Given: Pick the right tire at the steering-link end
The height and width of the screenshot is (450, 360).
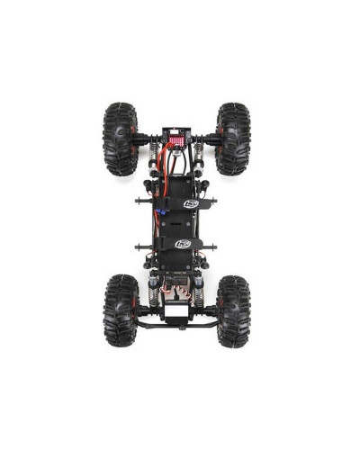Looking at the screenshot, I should (233, 310).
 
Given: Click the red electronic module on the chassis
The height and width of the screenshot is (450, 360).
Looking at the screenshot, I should (175, 141).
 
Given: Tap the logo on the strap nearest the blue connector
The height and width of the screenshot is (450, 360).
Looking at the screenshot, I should (191, 203).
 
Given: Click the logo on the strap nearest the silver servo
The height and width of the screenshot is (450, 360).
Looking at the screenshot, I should (183, 243).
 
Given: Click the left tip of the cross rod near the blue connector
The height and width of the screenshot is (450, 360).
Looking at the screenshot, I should (137, 201).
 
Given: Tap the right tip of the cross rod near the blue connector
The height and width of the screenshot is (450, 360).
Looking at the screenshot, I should (221, 201).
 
